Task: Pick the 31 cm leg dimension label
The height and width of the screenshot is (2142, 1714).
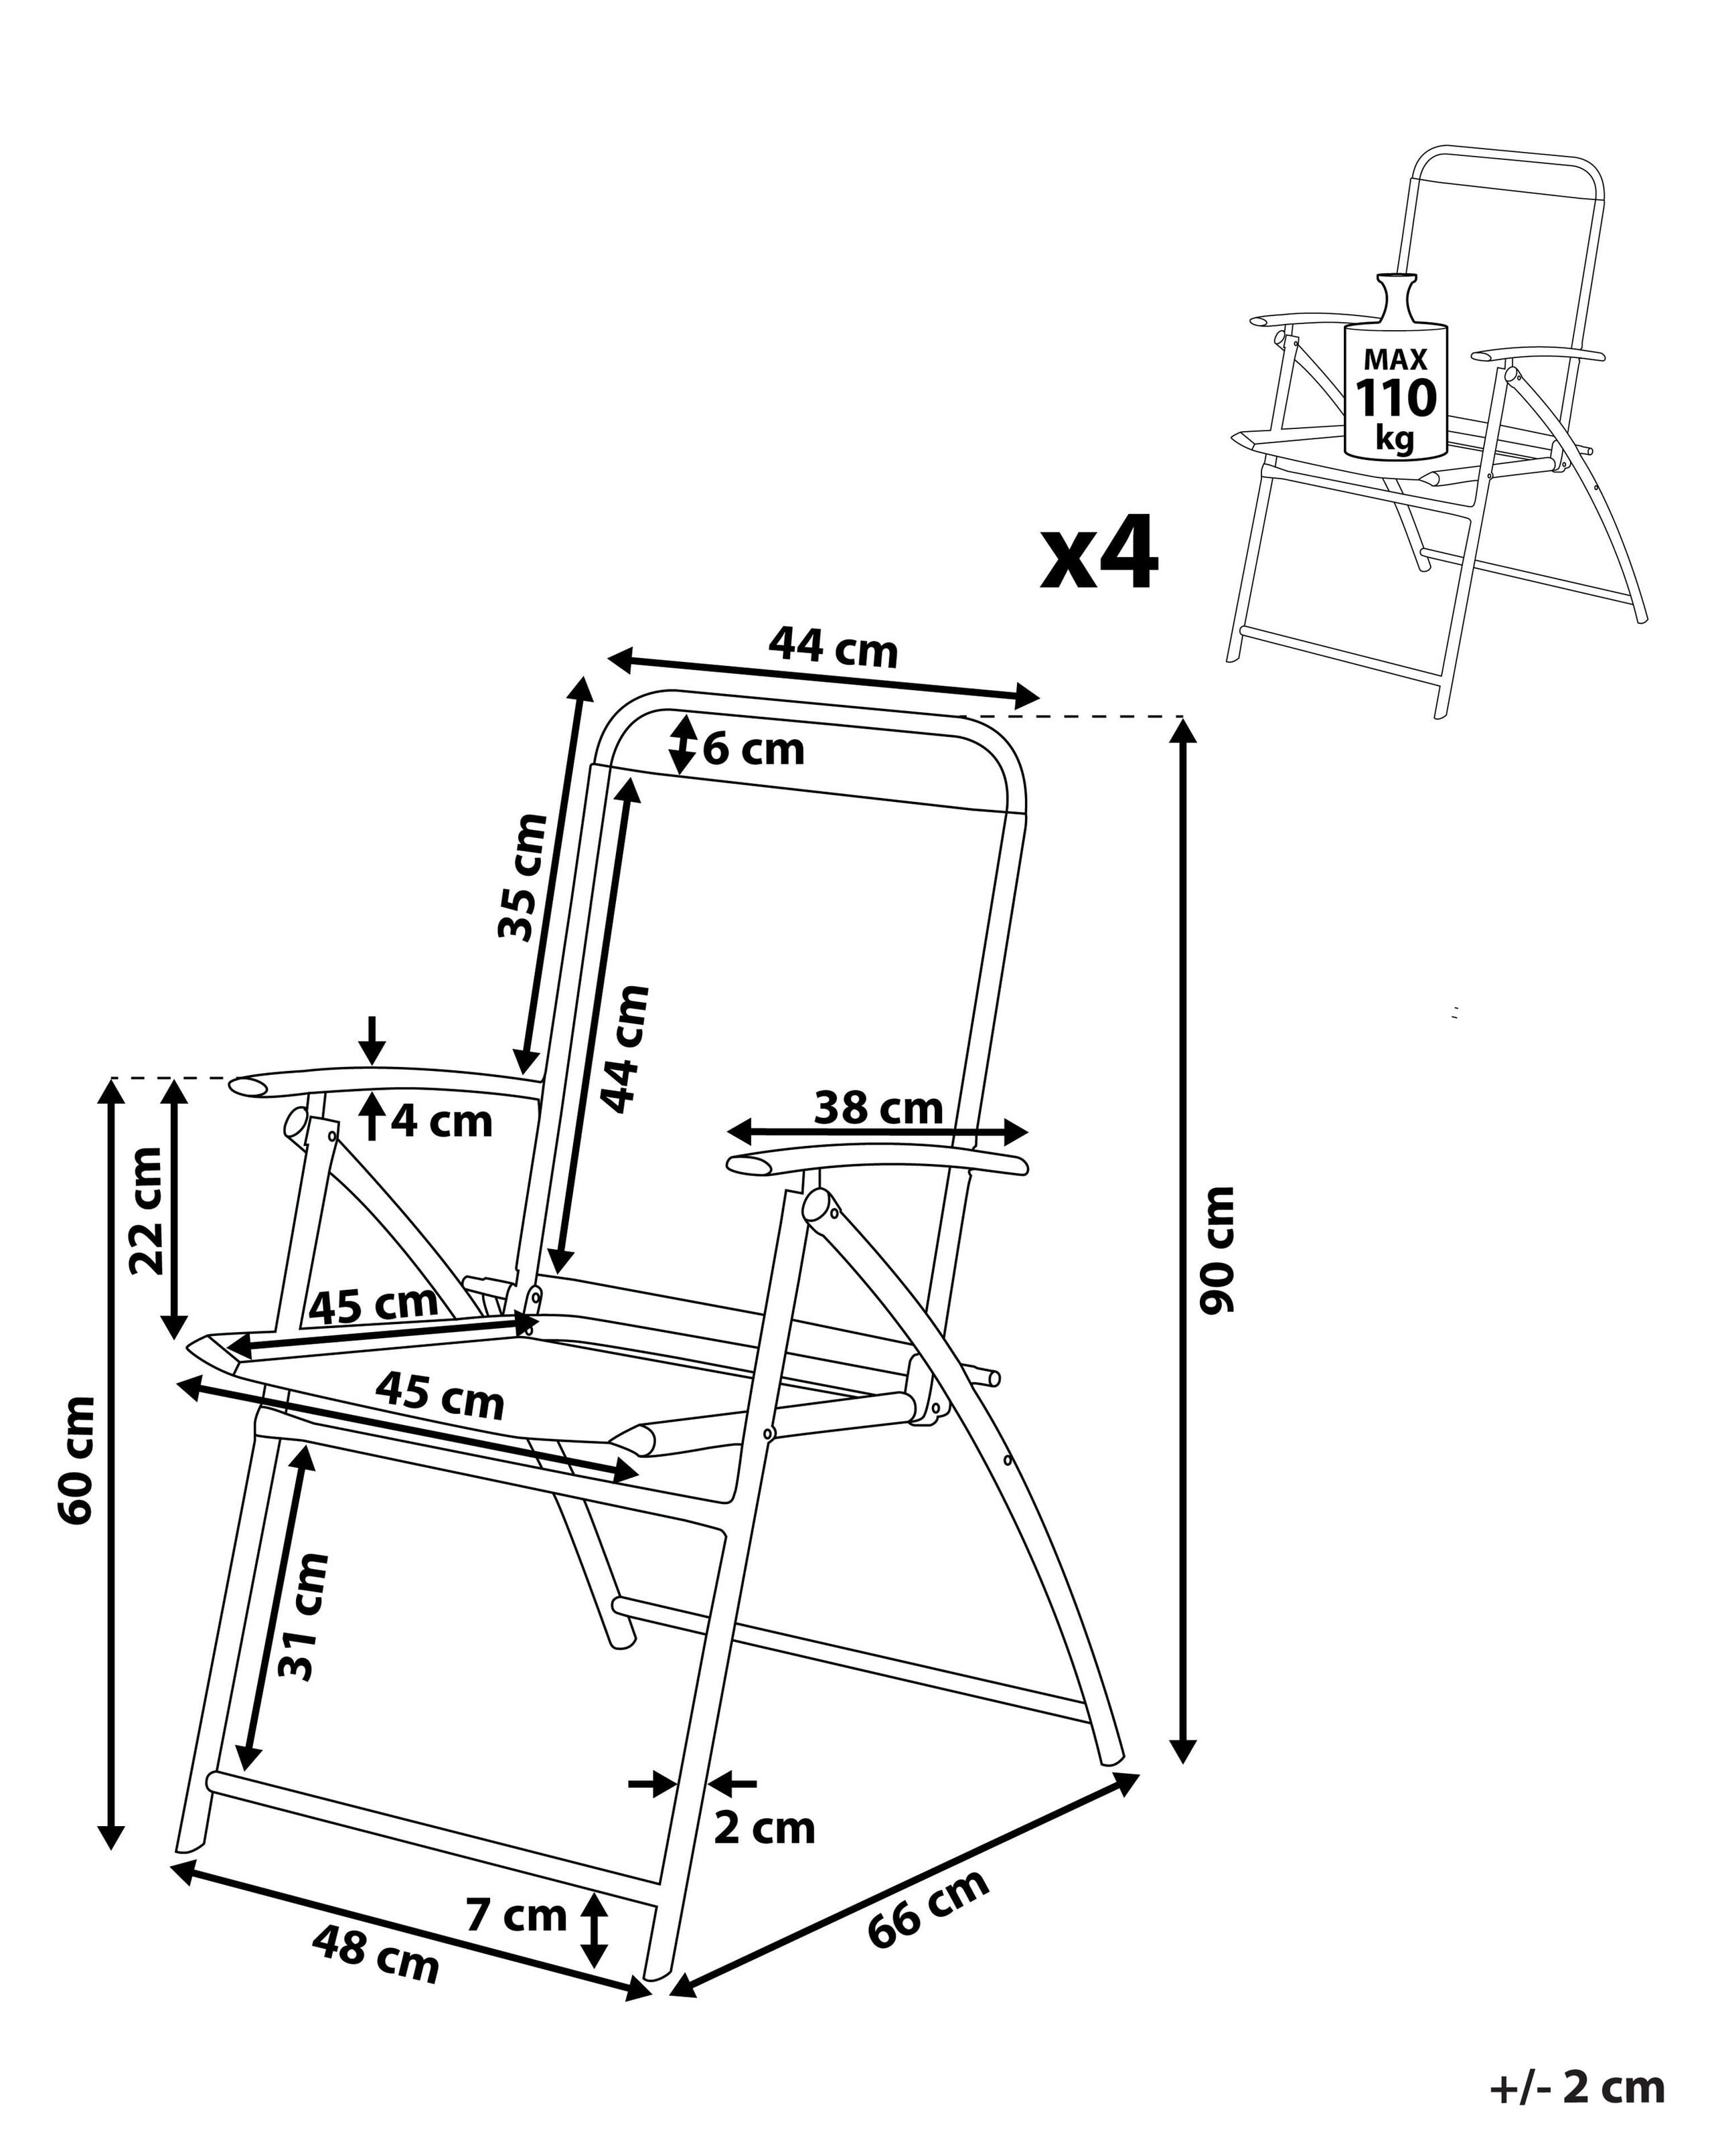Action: point(303,1629)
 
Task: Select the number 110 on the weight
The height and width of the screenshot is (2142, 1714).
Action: point(1396,398)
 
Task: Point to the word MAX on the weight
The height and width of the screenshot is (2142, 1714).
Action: point(1395,359)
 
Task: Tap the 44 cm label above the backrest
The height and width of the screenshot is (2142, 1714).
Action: point(833,649)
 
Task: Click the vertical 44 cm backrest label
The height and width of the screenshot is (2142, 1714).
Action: point(625,1049)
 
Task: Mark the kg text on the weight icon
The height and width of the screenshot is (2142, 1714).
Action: point(1395,436)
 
